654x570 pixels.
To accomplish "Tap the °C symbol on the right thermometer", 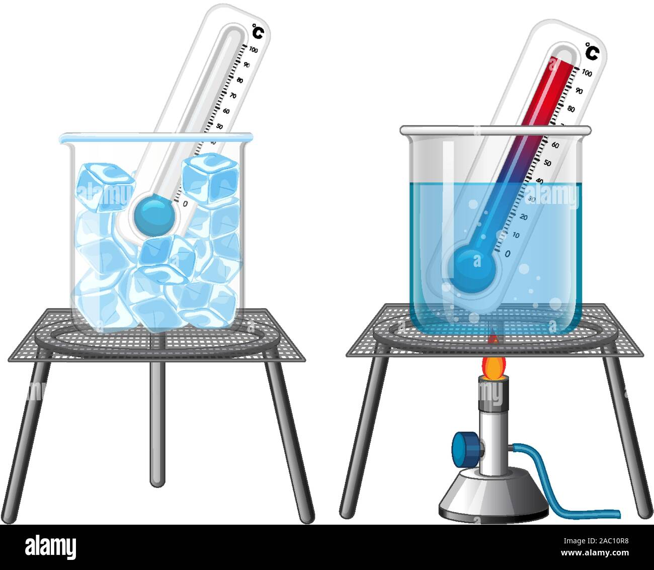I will pos(592,52).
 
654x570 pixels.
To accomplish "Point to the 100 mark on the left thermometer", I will pos(254,49).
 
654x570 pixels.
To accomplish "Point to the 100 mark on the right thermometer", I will pos(587,73).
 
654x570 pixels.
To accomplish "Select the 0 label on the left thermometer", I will pos(186,203).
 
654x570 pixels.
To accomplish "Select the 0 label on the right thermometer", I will pos(507,253).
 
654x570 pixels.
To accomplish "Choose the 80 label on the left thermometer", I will pos(240,80).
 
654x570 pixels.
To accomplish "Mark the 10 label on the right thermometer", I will pos(515,235).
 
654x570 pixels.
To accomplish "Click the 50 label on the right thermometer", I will pos(547,163).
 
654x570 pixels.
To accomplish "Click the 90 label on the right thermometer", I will pos(579,91).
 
